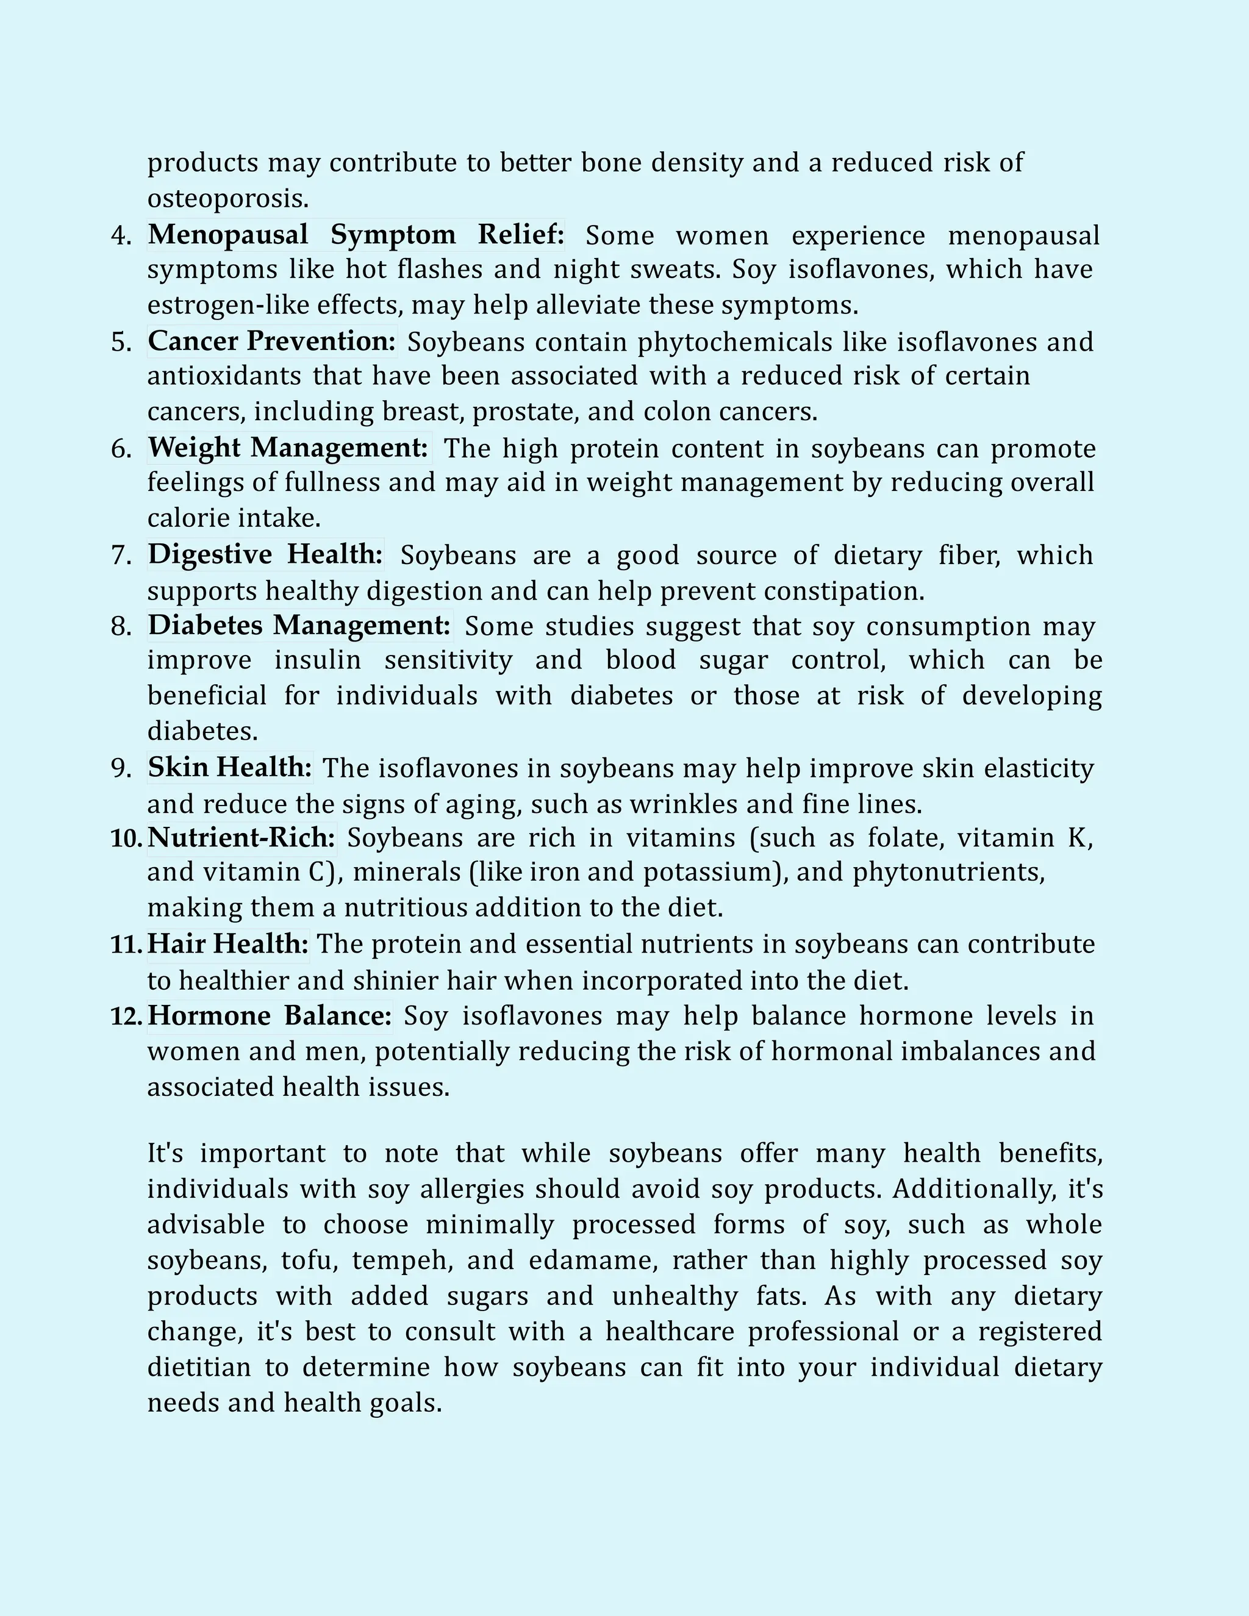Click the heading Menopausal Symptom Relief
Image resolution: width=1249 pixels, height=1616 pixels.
[356, 235]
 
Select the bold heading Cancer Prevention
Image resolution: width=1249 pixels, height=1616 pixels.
[271, 341]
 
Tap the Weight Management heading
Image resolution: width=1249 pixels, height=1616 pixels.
[288, 448]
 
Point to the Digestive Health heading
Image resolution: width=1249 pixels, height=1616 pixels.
[266, 554]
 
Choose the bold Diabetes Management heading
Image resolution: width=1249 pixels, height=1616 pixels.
[299, 625]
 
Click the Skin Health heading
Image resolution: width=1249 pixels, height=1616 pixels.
[230, 767]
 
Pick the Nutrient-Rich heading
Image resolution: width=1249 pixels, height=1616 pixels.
[242, 838]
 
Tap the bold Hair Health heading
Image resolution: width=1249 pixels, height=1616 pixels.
[228, 944]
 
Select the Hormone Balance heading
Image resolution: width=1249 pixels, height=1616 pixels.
[270, 1015]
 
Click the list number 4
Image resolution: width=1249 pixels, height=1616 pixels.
[121, 236]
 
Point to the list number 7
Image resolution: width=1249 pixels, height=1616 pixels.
[121, 556]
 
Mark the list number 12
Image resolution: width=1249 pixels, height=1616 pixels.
[126, 1017]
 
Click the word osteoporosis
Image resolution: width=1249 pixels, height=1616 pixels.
[227, 198]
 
